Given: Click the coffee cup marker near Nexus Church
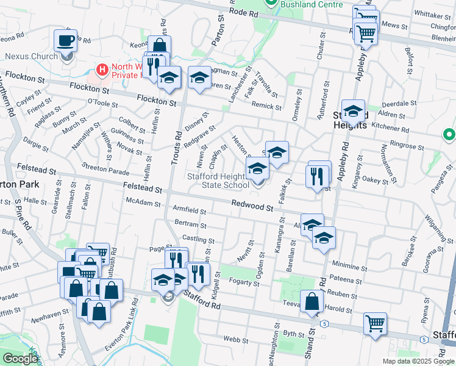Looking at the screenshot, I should pos(66,41).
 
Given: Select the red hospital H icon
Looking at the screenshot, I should pos(102,70).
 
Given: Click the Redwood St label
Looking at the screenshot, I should pos(251,207).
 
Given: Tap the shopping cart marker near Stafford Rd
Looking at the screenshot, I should pos(375,323).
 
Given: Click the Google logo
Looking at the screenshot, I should pos(20,359).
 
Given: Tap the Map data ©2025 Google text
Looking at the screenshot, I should pos(418,361).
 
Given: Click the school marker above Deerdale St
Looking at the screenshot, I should pos(353,110).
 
